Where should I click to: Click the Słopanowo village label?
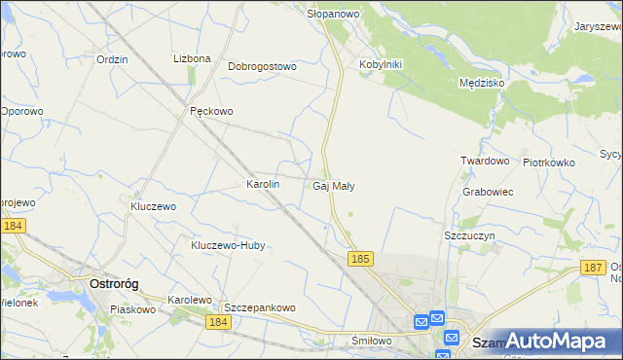334,14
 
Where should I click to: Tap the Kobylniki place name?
381,64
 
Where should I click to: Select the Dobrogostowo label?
262,66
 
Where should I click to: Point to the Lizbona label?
192,58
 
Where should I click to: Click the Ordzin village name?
113,58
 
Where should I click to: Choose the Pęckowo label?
211,111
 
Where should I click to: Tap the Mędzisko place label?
481,83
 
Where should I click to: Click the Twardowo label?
485,161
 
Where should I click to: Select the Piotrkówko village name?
549,162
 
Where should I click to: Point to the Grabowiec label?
488,192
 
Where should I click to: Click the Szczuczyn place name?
470,236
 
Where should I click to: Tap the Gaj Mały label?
334,185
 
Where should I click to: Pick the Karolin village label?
263,183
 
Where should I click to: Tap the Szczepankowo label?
259,306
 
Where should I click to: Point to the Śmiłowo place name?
371,341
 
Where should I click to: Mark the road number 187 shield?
593,267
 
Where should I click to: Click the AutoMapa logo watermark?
544,341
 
